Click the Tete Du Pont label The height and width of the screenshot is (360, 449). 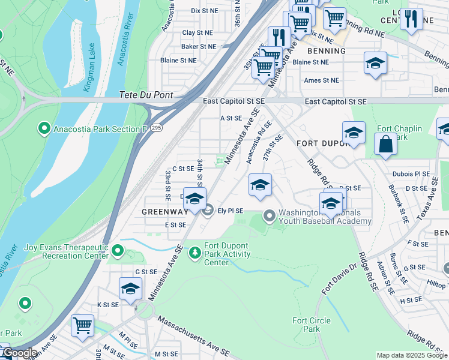[146, 95]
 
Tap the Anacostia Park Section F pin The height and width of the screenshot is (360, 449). [43, 128]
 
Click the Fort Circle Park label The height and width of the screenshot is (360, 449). [311, 325]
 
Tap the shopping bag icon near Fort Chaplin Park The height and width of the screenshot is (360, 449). [385, 145]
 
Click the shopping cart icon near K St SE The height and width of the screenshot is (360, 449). [82, 325]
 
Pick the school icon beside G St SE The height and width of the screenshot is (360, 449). [130, 289]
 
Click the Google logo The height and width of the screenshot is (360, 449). [19, 353]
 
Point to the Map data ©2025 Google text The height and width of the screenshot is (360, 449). [412, 355]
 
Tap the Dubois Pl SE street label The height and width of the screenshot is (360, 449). [411, 175]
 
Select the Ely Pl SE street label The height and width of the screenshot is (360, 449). [231, 211]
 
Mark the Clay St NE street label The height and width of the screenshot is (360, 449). [197, 32]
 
